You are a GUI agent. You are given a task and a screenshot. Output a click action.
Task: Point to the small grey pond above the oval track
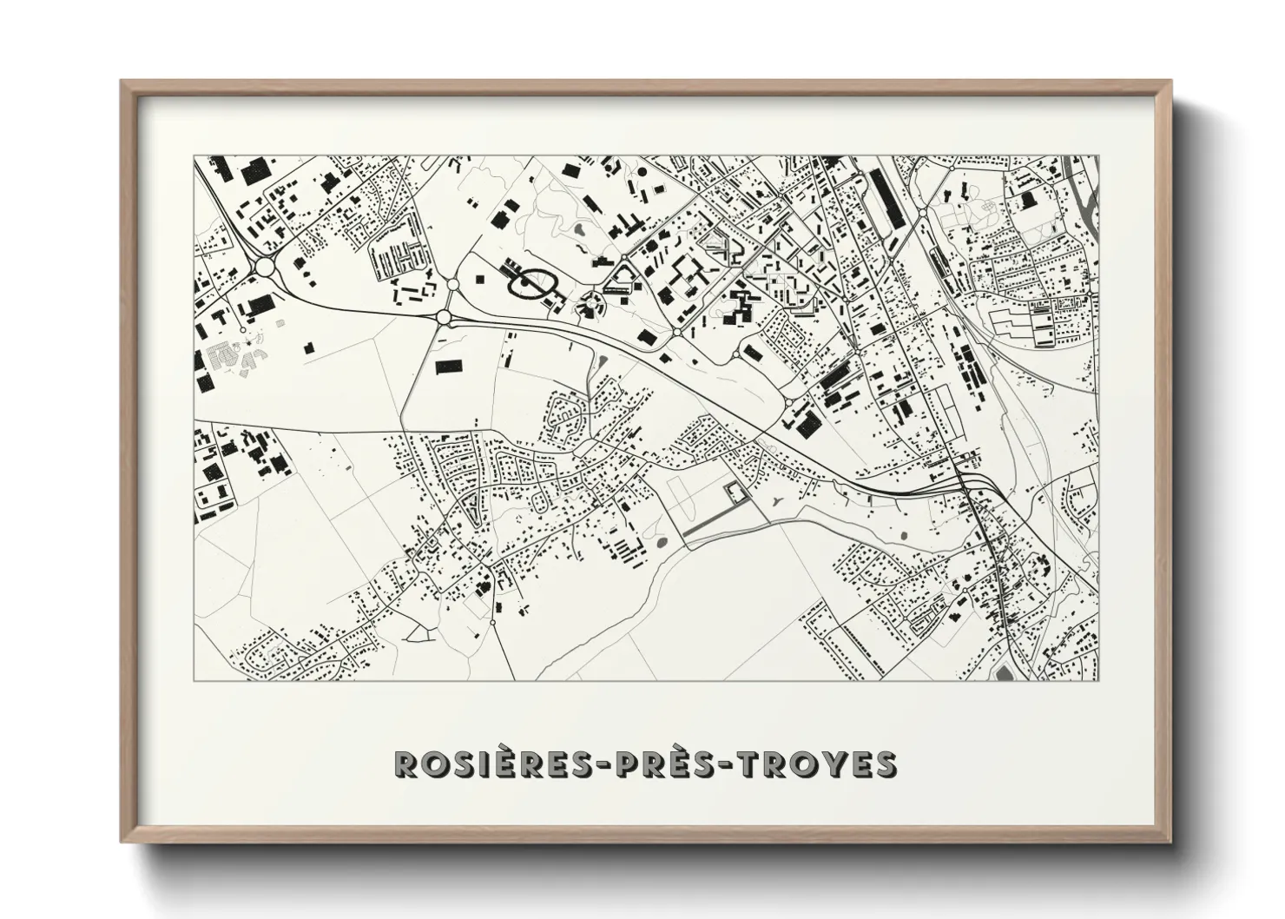(x=579, y=231)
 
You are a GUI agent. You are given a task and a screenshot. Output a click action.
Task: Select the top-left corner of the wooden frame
(x=122, y=82)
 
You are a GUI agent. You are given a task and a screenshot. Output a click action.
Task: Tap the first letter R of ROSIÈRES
(x=405, y=764)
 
